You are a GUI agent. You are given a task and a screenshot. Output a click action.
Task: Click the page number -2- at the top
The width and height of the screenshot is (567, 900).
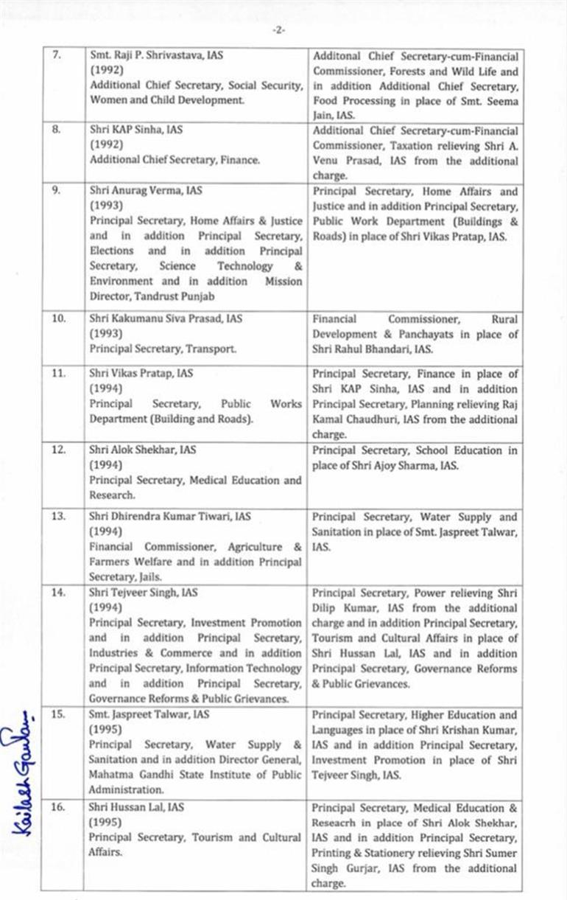(x=278, y=30)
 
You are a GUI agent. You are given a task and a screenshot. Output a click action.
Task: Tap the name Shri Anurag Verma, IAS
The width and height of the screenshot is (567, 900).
(x=142, y=190)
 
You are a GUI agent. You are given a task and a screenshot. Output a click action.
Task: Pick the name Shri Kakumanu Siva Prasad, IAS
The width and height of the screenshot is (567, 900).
(x=166, y=319)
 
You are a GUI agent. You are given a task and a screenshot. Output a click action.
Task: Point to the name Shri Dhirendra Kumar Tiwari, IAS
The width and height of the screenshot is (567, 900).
(x=169, y=517)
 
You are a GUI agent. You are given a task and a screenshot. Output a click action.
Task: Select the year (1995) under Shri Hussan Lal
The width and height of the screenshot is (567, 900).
(x=106, y=822)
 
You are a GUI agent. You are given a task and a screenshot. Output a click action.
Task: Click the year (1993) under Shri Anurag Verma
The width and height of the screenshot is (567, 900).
(x=106, y=205)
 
